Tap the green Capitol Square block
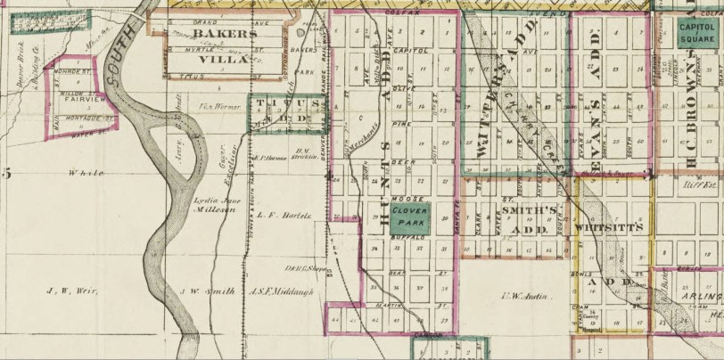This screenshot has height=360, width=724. [698, 32]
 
